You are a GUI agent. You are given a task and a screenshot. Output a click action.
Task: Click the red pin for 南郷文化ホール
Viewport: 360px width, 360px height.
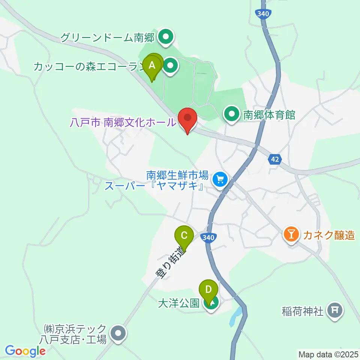[187, 119]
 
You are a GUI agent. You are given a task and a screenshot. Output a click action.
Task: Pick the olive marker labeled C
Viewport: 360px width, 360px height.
[184, 236]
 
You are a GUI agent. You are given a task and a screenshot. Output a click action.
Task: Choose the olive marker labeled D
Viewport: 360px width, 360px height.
[208, 290]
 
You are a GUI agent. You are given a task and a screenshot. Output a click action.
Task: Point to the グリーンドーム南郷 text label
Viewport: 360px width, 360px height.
[108, 37]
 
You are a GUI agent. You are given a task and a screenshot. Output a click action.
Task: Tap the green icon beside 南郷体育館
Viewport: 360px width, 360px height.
[232, 114]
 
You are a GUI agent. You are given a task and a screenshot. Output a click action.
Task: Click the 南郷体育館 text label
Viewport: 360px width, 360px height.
[269, 115]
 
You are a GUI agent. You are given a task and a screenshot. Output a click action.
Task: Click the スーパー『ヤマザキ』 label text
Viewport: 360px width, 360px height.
[154, 186]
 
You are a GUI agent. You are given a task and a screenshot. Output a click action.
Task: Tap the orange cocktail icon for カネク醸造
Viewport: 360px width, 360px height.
[291, 235]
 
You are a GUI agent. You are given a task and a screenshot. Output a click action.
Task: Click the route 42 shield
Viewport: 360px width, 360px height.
[275, 159]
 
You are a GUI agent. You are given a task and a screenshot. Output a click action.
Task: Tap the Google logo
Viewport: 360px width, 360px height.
[25, 351]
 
